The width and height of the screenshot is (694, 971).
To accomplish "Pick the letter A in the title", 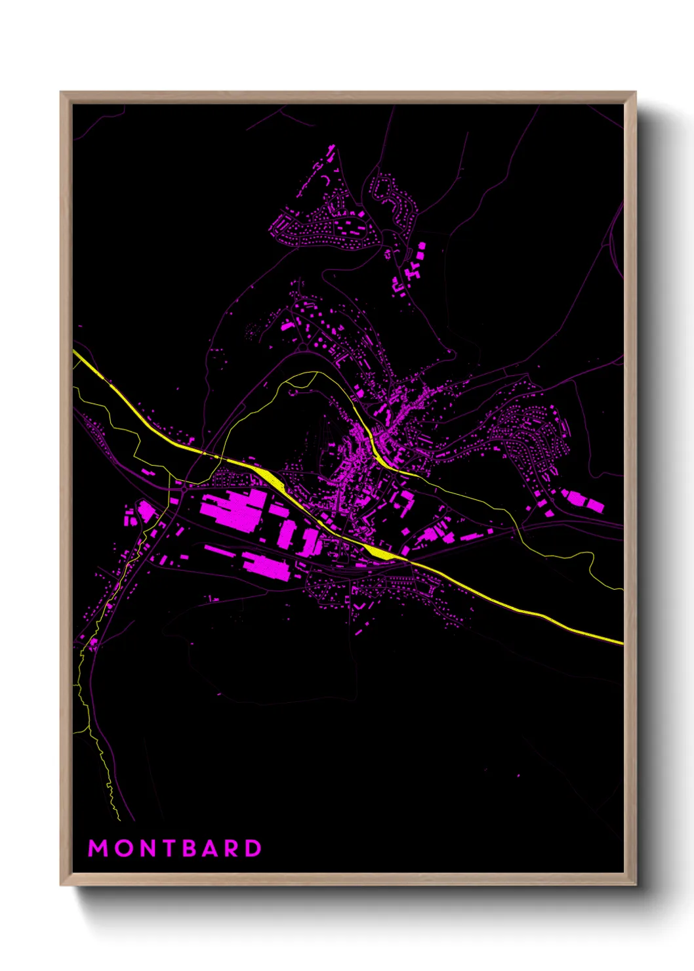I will click(211, 848).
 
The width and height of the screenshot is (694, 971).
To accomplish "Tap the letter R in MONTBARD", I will click(232, 848).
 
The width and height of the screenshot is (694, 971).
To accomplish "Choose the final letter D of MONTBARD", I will click(253, 848).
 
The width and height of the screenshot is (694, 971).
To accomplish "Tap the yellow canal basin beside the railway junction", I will click(379, 552).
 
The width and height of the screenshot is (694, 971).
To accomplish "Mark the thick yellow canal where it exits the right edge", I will click(621, 642).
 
